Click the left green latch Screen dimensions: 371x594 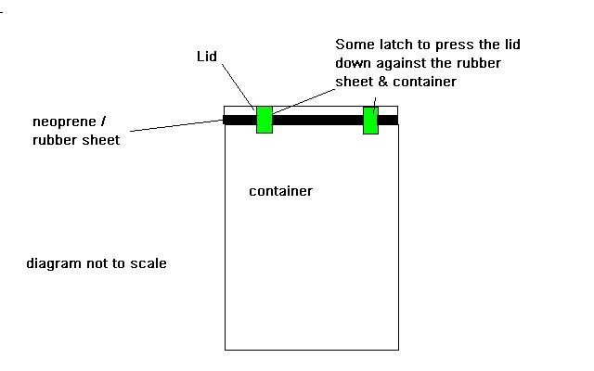(x=265, y=120)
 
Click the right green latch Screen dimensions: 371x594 (x=370, y=121)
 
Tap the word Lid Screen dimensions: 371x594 (x=207, y=58)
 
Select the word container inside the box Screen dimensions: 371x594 (x=280, y=192)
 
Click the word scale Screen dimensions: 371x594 (x=149, y=264)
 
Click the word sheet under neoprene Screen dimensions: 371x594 (x=100, y=140)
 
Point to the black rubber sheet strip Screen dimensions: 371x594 (x=316, y=120)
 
